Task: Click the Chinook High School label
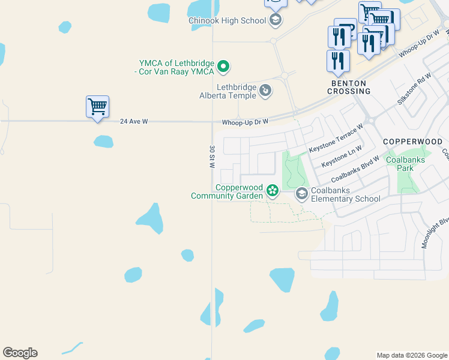(x=227, y=20)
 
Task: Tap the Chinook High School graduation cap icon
(x=276, y=20)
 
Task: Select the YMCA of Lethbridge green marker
(x=223, y=66)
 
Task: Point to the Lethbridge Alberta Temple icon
(x=265, y=91)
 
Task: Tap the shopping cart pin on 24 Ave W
(x=97, y=107)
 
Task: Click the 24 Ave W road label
(x=133, y=121)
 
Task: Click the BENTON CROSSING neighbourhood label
(x=349, y=87)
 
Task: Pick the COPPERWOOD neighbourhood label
(x=412, y=142)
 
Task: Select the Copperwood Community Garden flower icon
(x=273, y=191)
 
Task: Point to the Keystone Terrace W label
(x=336, y=139)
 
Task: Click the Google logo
(x=20, y=353)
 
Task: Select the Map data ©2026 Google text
(x=411, y=355)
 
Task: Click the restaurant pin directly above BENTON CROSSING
(x=338, y=61)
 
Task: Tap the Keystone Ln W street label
(x=342, y=156)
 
